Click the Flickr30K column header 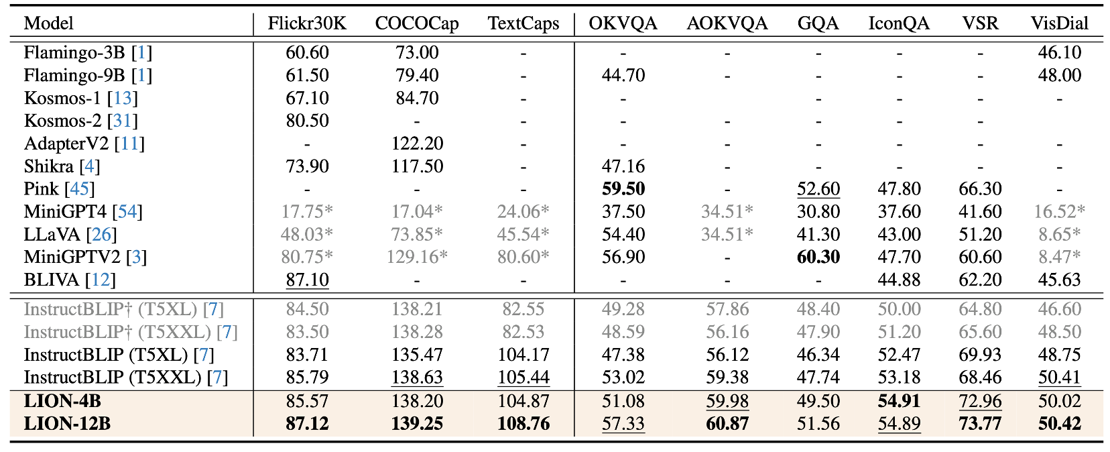(x=307, y=23)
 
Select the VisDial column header (x=1059, y=23)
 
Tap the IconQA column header (x=899, y=23)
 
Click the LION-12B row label (x=67, y=424)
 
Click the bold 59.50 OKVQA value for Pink (x=623, y=189)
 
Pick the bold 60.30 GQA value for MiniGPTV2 (x=818, y=257)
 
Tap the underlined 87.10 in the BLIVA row (x=307, y=280)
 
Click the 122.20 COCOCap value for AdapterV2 (x=417, y=144)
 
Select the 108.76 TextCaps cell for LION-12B (x=523, y=424)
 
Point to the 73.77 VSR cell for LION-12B (x=980, y=424)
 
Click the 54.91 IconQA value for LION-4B (x=899, y=401)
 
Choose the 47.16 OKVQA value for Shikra (x=623, y=166)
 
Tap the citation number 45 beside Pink (x=80, y=189)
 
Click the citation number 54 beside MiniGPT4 (x=127, y=212)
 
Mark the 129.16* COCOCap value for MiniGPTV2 (x=417, y=257)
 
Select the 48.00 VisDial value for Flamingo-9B (x=1059, y=75)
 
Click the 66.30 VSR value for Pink (x=980, y=189)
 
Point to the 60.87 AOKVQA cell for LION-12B (x=727, y=424)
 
